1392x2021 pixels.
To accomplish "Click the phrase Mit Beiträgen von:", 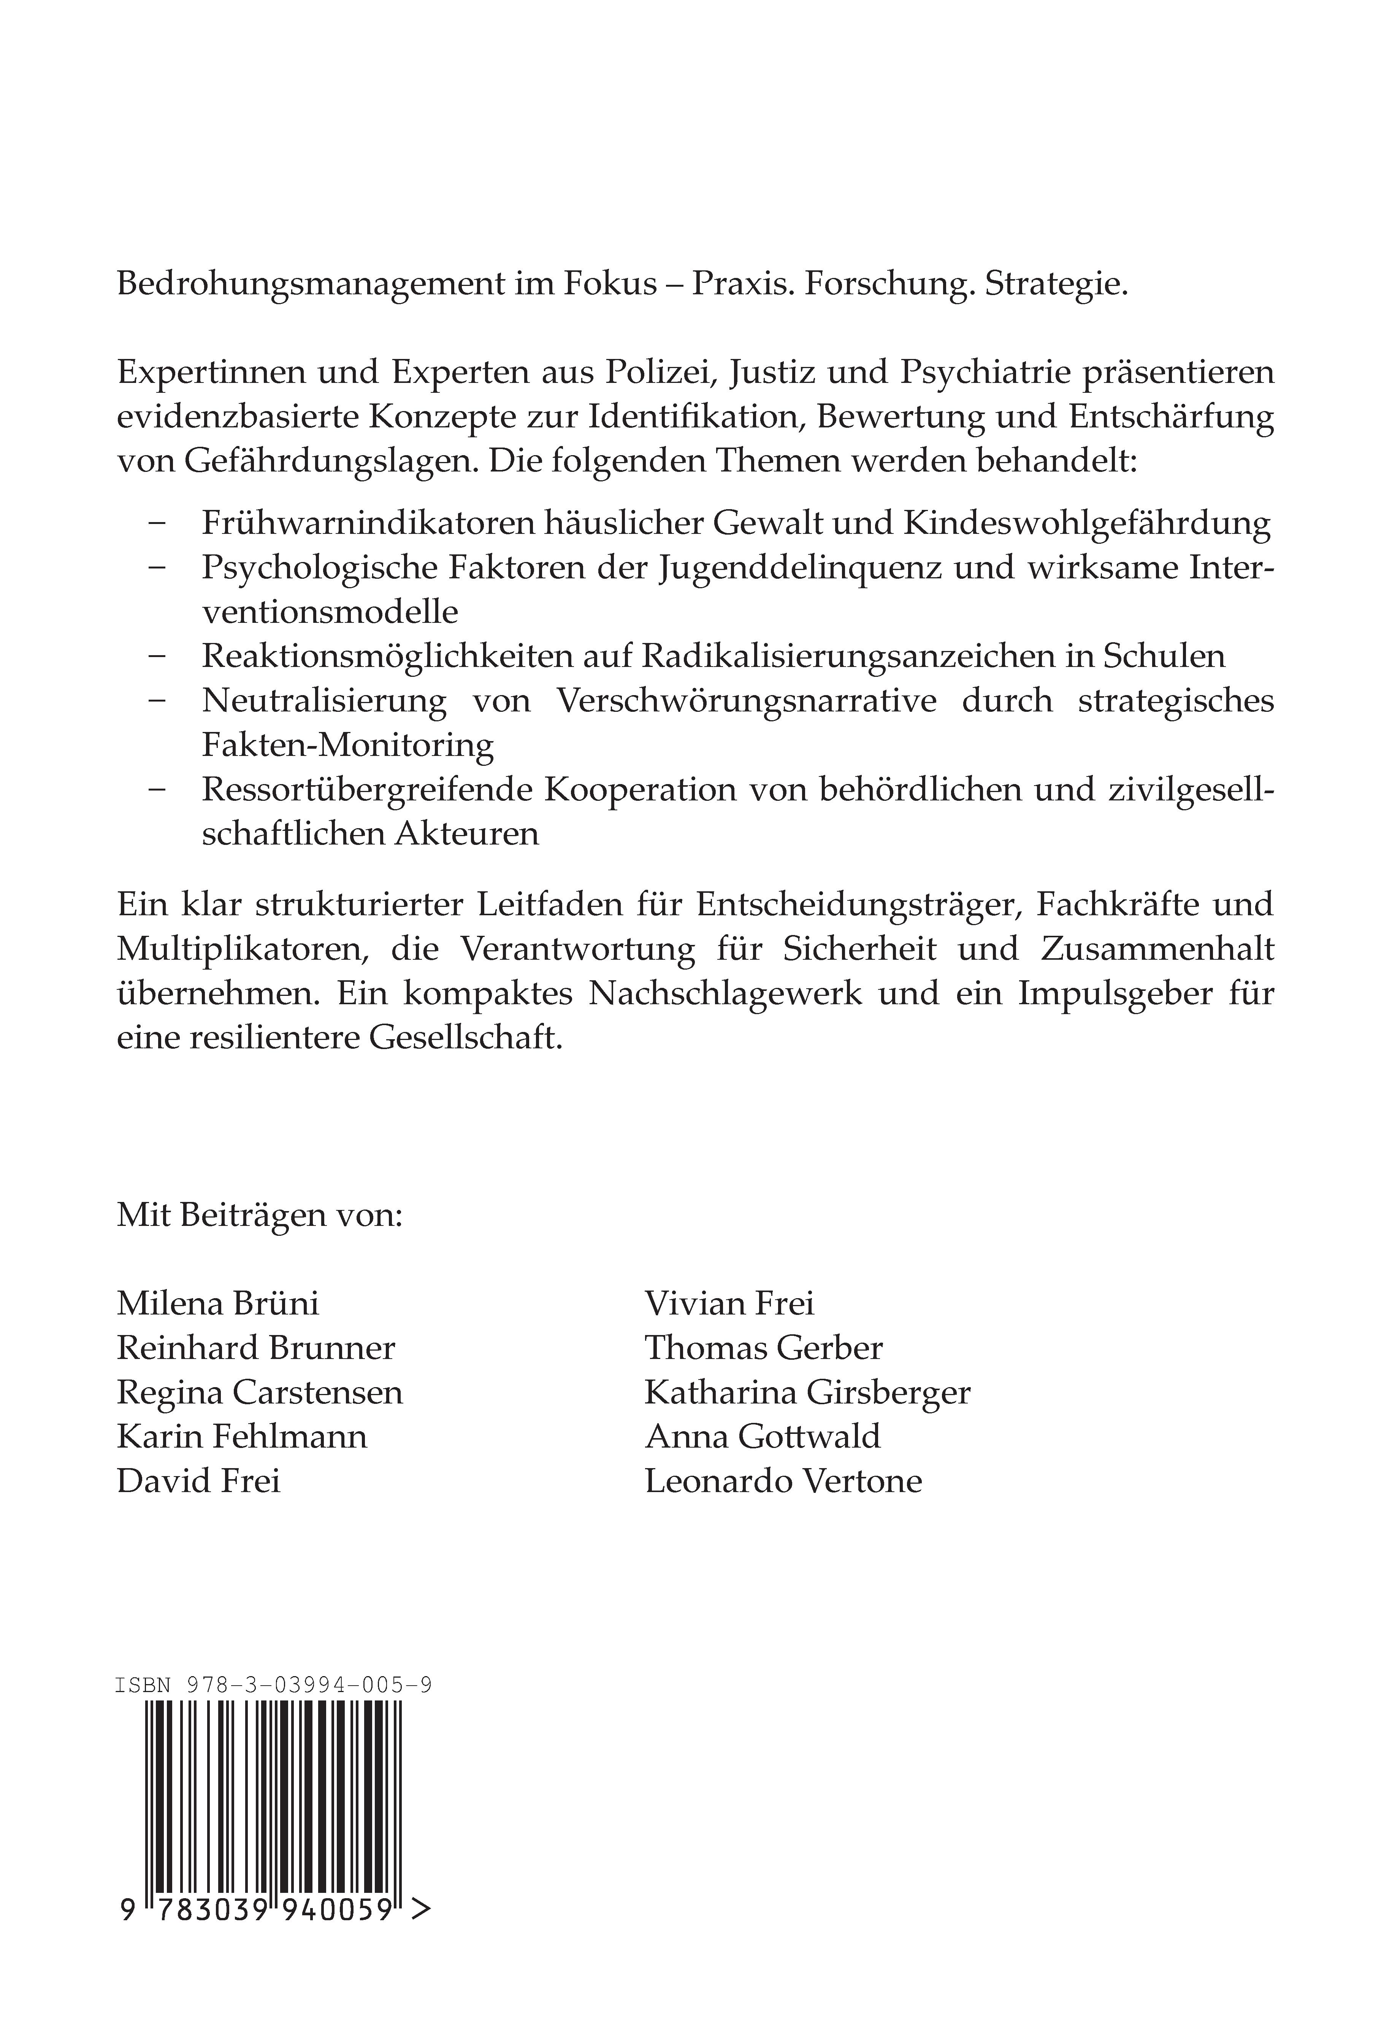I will [x=260, y=1215].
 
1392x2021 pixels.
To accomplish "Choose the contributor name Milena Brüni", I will [x=218, y=1304].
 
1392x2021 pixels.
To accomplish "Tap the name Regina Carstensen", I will [x=260, y=1393].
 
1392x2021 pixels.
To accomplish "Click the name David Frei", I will [x=199, y=1482].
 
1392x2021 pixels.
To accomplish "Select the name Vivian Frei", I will [x=729, y=1304].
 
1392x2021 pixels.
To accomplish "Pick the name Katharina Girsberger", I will [x=807, y=1393].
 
